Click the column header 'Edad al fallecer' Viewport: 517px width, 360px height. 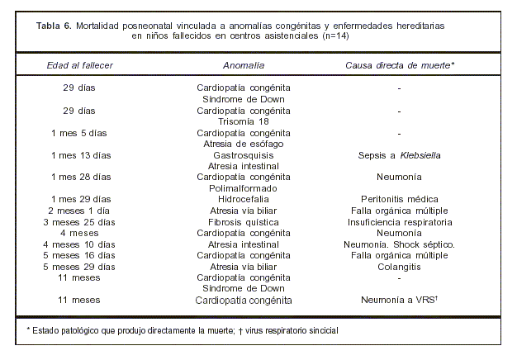coord(80,64)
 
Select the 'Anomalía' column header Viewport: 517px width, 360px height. coord(244,64)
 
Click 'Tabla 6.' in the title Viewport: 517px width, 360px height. coord(55,26)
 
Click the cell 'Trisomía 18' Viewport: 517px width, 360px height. coord(244,121)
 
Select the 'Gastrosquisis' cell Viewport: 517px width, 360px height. coord(244,154)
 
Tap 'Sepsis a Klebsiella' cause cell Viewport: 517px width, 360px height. coord(399,154)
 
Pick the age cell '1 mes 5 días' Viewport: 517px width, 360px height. coord(79,133)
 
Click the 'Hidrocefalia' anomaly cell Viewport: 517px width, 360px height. coord(244,199)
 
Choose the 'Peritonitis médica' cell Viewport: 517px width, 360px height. coord(399,199)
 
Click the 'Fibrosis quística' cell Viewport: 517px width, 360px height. coord(244,222)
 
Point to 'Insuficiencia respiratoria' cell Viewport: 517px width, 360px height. coord(399,222)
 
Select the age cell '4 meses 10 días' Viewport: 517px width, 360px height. coord(79,244)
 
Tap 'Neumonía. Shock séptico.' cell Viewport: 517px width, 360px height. coord(399,244)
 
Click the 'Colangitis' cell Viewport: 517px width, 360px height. coord(399,267)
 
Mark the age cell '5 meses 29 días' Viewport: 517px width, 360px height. coord(79,267)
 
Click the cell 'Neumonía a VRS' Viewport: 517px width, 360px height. coord(397,301)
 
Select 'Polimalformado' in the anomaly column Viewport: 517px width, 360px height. coord(244,188)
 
